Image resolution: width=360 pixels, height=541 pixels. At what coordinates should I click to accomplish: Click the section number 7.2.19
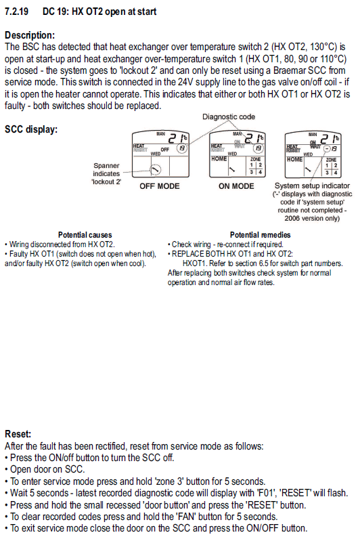16,12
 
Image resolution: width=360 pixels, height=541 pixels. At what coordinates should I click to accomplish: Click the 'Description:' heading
30,35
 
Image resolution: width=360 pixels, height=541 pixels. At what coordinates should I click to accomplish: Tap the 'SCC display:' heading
31,130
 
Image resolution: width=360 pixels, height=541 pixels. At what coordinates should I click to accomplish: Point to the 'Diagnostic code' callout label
229,116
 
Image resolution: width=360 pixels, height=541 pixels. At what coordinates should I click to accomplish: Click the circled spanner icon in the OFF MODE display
156,169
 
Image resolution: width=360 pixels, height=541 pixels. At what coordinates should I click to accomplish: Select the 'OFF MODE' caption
159,186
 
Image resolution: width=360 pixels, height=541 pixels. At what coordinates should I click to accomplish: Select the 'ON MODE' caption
236,186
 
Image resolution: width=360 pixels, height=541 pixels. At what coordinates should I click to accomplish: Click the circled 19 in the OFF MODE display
182,149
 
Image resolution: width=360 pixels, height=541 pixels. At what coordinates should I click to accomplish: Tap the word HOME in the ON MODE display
219,158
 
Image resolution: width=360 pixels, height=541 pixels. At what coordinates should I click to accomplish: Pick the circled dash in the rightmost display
327,149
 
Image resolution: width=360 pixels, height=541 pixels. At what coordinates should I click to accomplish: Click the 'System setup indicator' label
312,186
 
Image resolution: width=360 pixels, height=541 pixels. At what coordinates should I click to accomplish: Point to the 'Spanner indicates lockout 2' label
106,174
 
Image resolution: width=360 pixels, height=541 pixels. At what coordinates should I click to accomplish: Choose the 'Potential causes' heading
85,235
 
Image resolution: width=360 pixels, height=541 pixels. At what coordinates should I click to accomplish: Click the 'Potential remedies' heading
260,235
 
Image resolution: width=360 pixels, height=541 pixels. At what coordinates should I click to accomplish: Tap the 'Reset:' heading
18,434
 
